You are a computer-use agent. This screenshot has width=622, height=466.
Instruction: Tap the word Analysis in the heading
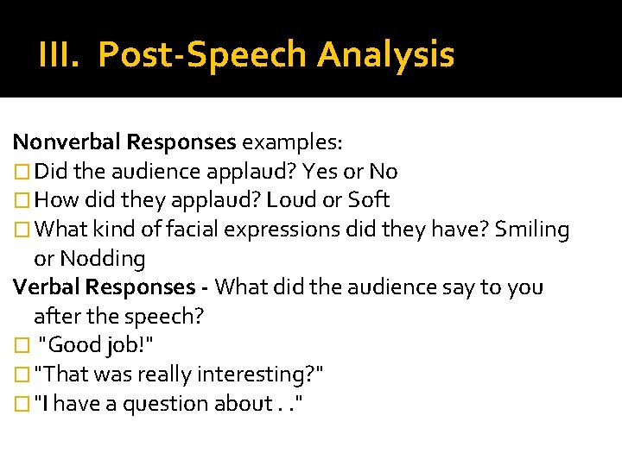(385, 54)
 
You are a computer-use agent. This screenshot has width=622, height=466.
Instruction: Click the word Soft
(369, 200)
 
